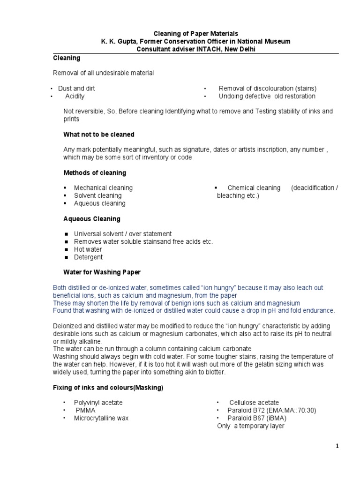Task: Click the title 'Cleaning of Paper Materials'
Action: (x=196, y=34)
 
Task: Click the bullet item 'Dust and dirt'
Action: (x=76, y=88)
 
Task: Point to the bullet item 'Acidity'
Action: (x=75, y=96)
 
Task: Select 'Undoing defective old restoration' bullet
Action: (x=267, y=96)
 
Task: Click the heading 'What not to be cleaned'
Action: (x=99, y=135)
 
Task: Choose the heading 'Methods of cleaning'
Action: (x=95, y=173)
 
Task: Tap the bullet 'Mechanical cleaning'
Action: (x=103, y=187)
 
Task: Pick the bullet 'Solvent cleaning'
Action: (x=97, y=195)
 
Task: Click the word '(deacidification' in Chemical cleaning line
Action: (x=312, y=187)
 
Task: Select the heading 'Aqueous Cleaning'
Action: (x=92, y=219)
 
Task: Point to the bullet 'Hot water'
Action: (x=88, y=249)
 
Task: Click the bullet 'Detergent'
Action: (x=88, y=257)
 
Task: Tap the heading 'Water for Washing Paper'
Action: (x=102, y=272)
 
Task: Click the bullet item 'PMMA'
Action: (x=85, y=410)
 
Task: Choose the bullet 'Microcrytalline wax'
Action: (x=101, y=418)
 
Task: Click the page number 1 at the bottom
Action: (x=337, y=446)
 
